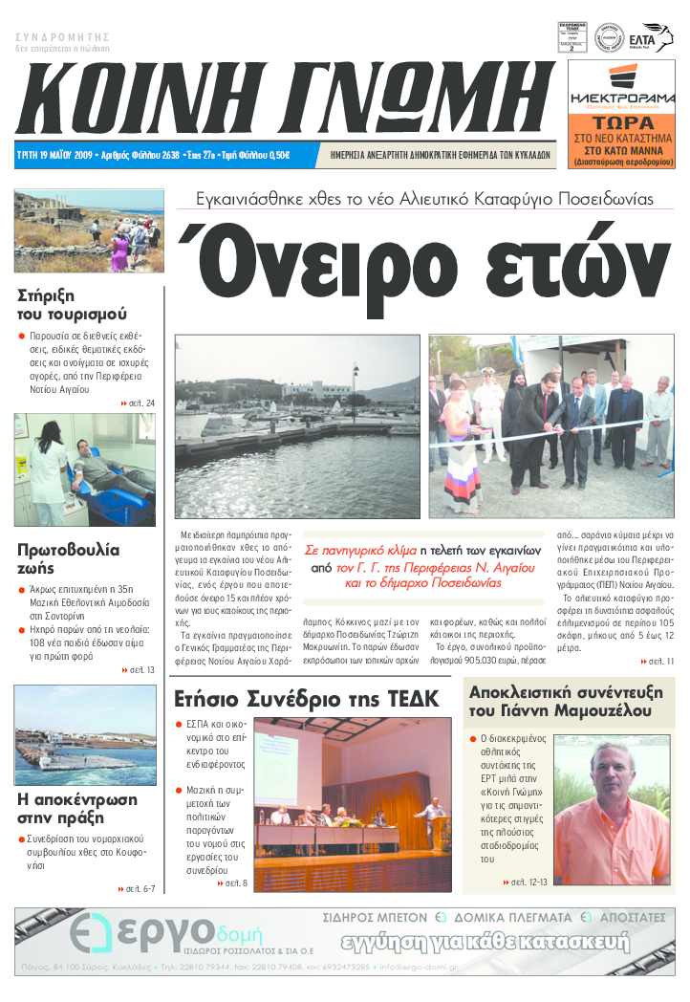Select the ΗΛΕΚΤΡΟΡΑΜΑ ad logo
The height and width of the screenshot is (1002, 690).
pyautogui.click(x=621, y=98)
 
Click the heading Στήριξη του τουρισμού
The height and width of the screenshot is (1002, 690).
pyautogui.click(x=73, y=304)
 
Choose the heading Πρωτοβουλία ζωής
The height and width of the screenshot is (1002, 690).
pyautogui.click(x=69, y=559)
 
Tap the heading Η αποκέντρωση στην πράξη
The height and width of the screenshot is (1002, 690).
pyautogui.click(x=77, y=809)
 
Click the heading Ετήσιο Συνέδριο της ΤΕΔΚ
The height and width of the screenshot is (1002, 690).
pyautogui.click(x=305, y=699)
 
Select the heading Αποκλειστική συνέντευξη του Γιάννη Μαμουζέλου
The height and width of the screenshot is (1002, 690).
pyautogui.click(x=560, y=702)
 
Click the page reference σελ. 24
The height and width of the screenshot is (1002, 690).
pyautogui.click(x=138, y=403)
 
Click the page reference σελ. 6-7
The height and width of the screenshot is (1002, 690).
pyautogui.click(x=138, y=888)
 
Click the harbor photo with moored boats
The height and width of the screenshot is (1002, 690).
pyautogui.click(x=296, y=425)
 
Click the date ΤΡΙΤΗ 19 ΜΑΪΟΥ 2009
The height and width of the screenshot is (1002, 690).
pyautogui.click(x=55, y=155)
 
